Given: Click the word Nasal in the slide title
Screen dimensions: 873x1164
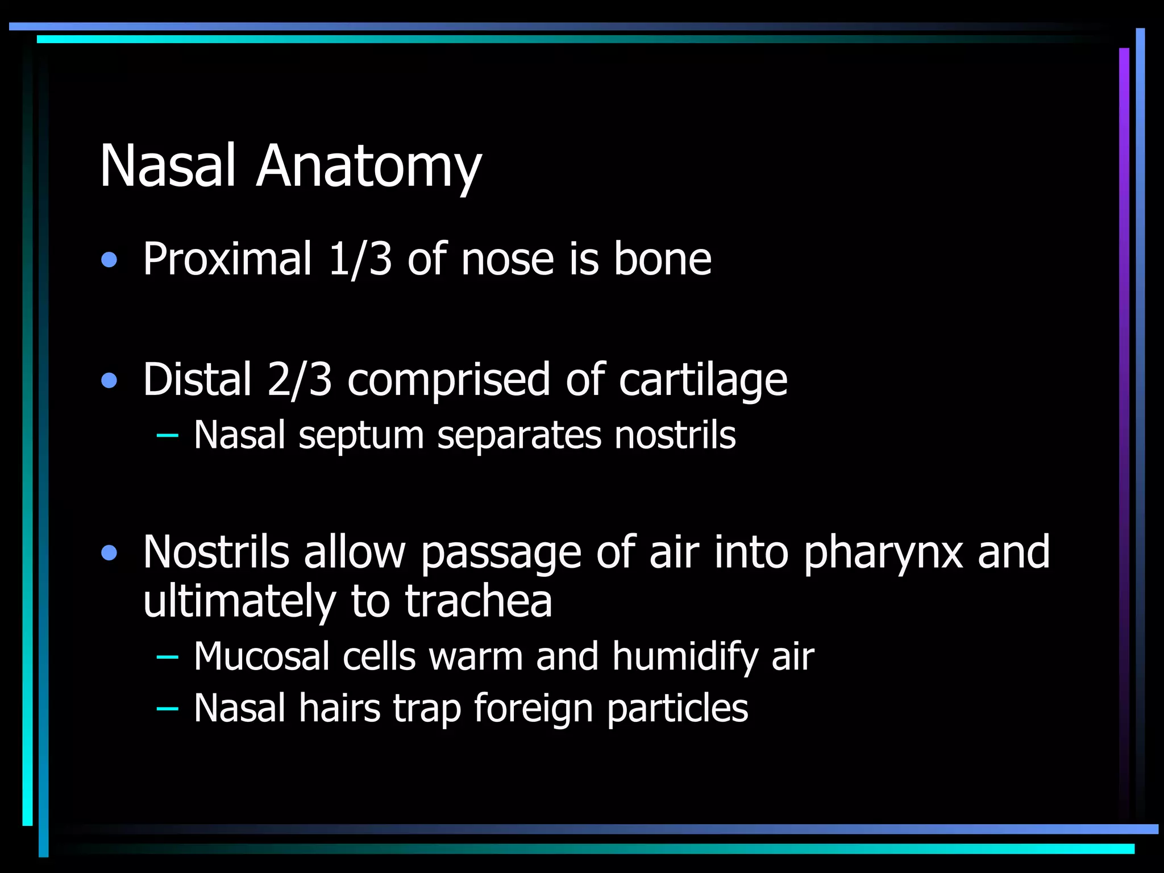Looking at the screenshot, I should pos(168,165).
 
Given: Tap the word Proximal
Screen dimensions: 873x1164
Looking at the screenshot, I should pos(227,259).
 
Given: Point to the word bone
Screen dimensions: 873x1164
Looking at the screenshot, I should pos(662,259).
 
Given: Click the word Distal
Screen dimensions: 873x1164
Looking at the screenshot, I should pos(197,379).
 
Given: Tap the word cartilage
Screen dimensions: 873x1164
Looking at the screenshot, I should pos(702,380).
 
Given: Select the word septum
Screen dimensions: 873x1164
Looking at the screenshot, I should pos(361,436).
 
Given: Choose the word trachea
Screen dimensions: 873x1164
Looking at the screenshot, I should pos(478,601).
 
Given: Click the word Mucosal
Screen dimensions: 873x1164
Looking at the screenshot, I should pos(261,656).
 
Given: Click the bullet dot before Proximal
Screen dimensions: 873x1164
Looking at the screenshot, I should pos(109,260).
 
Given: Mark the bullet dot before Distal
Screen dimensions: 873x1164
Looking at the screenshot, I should pos(109,380).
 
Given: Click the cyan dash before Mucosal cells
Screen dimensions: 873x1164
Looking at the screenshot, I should pos(167,657).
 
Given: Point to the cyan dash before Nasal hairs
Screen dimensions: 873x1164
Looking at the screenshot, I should pos(167,708).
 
